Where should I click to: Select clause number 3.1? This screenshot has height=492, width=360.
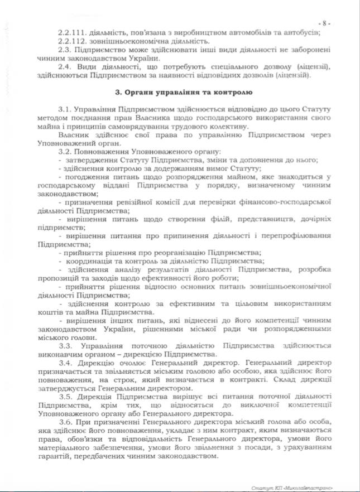point(65,107)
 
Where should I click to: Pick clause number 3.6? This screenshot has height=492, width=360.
point(65,424)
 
